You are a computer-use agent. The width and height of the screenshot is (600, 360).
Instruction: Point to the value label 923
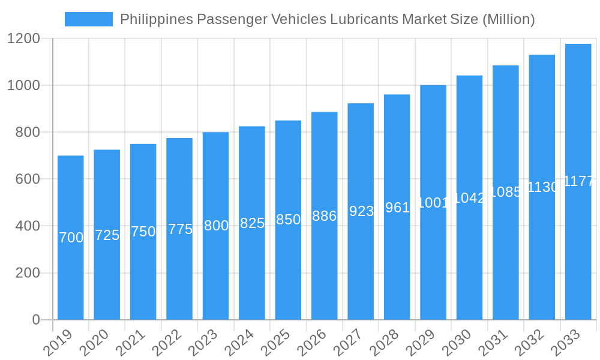tap(361, 211)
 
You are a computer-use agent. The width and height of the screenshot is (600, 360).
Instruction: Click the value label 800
tap(216, 226)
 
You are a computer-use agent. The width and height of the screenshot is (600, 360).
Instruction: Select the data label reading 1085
tap(505, 192)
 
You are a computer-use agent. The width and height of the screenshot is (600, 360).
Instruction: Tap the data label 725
tap(107, 235)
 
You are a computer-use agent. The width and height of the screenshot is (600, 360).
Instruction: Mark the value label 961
tap(397, 208)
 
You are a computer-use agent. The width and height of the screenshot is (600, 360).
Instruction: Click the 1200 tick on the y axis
tap(23, 39)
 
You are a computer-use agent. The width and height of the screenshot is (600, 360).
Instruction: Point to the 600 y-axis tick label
tap(28, 179)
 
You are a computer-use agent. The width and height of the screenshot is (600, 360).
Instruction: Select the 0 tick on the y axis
tap(36, 320)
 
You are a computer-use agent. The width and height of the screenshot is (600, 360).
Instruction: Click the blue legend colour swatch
tap(89, 19)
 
